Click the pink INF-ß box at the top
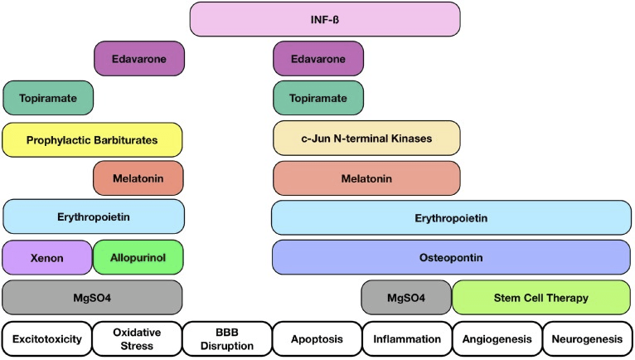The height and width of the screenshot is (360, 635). point(324,19)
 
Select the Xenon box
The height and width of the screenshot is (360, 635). point(46,257)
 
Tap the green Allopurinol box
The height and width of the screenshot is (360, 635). point(138,257)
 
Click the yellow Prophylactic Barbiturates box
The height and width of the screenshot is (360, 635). point(92,139)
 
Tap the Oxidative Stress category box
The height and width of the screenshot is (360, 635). point(137,339)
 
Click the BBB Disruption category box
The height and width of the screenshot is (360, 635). point(226,339)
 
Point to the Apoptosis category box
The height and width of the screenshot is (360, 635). point(317,339)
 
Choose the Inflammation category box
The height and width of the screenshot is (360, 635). point(406,339)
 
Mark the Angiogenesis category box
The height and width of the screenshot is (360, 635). point(496,339)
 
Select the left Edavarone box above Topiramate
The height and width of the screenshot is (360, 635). point(138,59)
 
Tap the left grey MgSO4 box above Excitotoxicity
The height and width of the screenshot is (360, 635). point(92,297)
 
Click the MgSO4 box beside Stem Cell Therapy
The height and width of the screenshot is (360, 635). point(406,297)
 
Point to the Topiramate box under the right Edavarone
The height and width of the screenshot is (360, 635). point(318,98)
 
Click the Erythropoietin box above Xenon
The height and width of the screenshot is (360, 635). point(92,217)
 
